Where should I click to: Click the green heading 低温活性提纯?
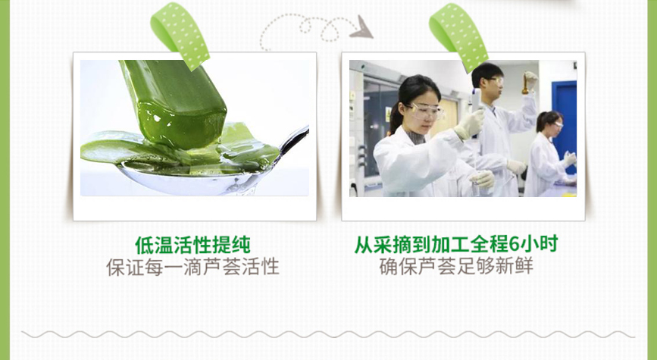192,245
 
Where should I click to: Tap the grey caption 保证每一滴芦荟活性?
192,267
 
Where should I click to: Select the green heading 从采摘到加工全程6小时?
456,244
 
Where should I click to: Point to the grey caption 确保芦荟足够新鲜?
456,267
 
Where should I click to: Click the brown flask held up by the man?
525,86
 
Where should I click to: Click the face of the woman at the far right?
555,128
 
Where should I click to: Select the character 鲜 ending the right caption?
524,267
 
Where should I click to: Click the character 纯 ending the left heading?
241,245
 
